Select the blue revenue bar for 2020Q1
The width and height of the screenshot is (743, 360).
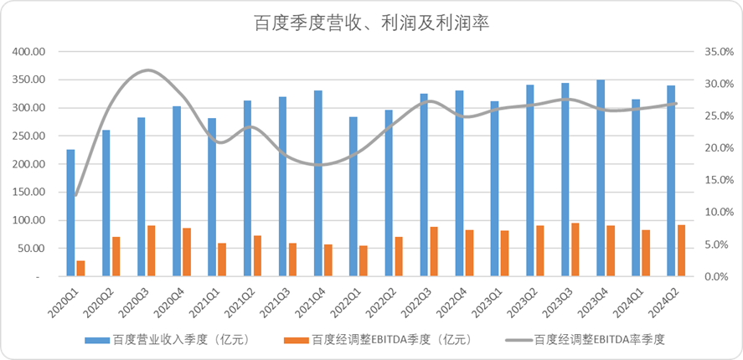(70, 213)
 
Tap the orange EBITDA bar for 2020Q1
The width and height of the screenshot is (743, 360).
(80, 268)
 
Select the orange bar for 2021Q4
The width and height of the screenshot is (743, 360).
(328, 260)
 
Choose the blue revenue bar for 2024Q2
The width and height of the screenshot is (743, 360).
(671, 181)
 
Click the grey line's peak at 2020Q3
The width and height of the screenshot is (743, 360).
(147, 70)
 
